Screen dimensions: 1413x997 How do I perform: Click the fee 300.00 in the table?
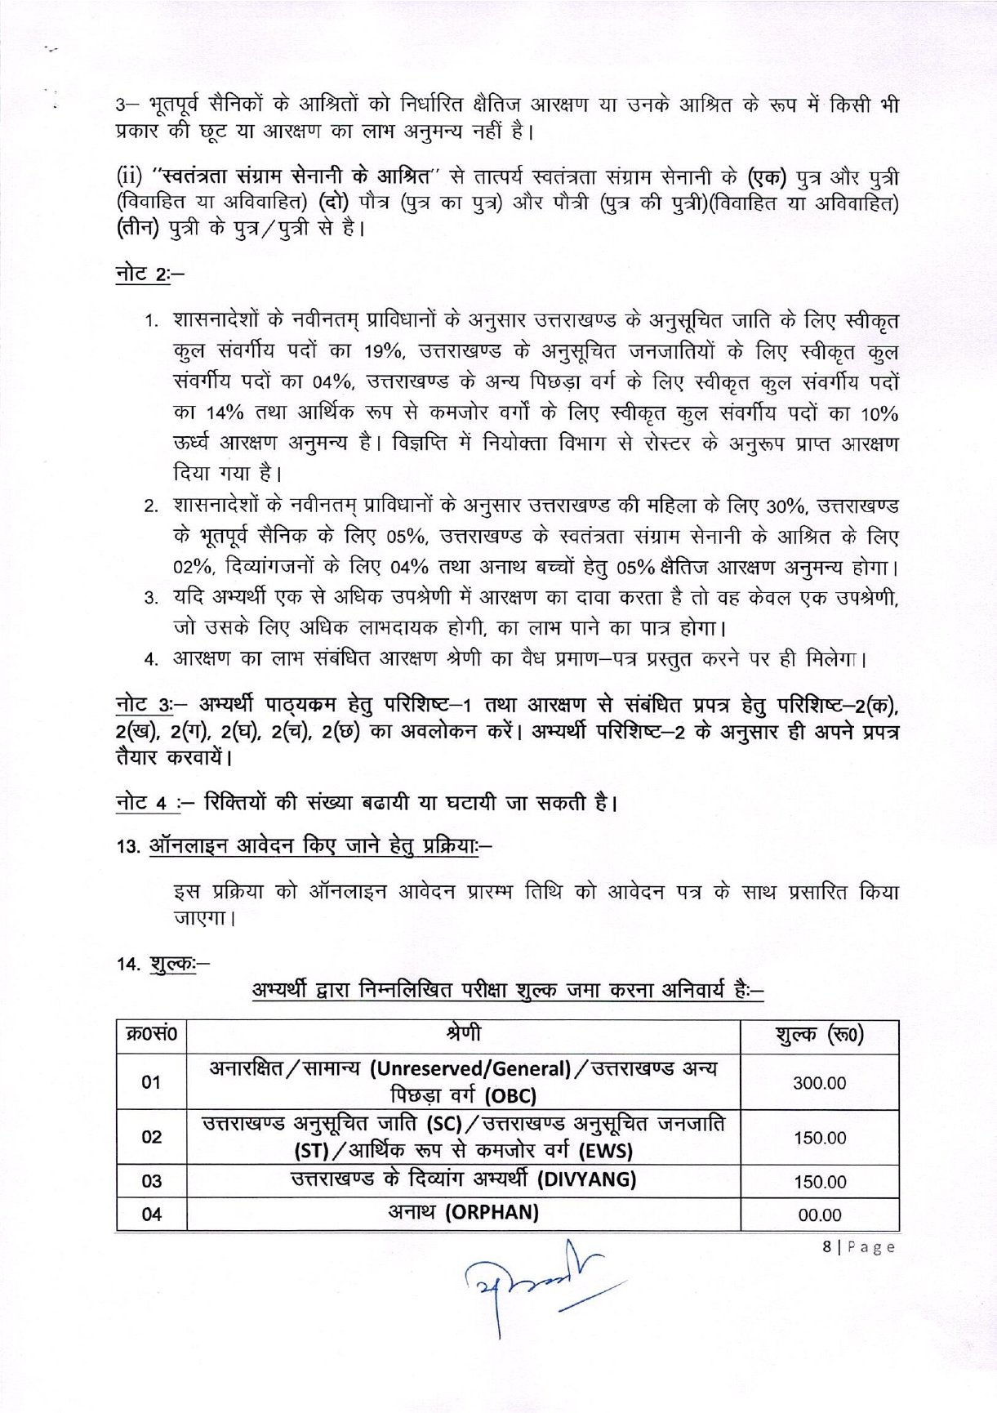(x=819, y=1083)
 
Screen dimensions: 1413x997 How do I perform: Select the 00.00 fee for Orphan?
(x=819, y=1215)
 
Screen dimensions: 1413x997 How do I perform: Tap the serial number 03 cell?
(x=152, y=1181)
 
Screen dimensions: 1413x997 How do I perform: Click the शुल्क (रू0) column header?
(x=819, y=1036)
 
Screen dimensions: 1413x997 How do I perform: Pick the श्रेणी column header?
(x=463, y=1034)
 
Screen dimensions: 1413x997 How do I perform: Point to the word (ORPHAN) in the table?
(x=492, y=1212)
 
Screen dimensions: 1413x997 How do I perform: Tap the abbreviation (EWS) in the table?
(x=606, y=1151)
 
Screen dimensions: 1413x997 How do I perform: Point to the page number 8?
(x=827, y=1247)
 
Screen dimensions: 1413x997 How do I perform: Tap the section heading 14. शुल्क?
(x=162, y=964)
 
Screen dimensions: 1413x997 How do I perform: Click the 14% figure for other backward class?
(x=225, y=413)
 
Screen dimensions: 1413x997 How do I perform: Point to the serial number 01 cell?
(x=152, y=1083)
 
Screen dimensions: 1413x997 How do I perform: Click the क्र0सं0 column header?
(x=152, y=1036)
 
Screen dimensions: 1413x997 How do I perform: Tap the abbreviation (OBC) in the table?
(x=510, y=1096)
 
